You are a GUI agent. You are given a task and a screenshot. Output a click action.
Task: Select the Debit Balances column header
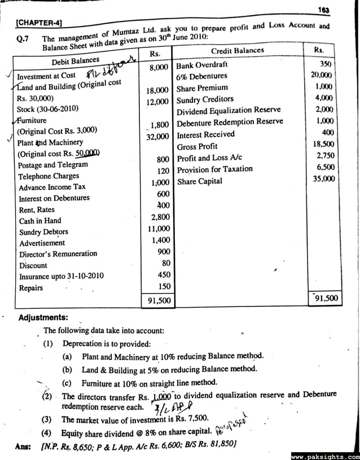coord(76,60)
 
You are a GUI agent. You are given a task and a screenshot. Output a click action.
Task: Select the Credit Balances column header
coord(237,51)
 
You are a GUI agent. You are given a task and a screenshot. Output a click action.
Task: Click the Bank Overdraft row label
coord(202,65)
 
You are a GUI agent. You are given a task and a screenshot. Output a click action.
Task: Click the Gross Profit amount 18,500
coord(323,144)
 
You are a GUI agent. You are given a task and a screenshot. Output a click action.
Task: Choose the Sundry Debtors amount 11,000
coord(159,229)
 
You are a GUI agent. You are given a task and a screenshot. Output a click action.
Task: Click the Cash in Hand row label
coord(40,221)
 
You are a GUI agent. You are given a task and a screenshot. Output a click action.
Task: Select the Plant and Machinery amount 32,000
coord(157,137)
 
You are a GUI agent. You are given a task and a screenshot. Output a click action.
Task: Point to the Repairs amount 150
coord(164,287)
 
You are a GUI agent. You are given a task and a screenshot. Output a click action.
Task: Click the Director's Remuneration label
coord(58,254)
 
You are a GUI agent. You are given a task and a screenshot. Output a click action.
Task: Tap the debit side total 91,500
coord(159,301)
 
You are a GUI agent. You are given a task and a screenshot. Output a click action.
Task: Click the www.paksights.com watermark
coord(325,455)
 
